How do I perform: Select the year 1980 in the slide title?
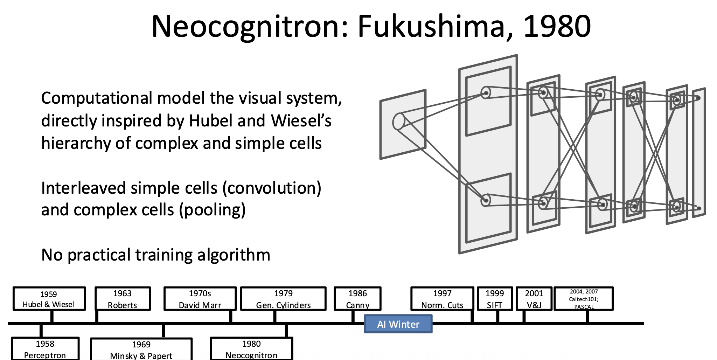click(557, 27)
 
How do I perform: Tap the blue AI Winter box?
click(398, 324)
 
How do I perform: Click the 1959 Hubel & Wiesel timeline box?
click(49, 299)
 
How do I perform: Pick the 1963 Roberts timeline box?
click(123, 299)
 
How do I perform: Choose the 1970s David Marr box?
click(200, 299)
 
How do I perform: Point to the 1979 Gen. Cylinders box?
click(283, 299)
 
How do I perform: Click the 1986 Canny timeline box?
click(357, 299)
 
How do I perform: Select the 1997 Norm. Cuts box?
click(442, 299)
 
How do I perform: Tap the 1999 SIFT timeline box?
click(495, 299)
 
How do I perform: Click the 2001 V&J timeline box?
click(534, 299)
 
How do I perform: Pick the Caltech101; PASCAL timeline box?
click(584, 299)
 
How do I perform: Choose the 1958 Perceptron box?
click(45, 349)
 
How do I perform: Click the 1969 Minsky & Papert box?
click(141, 349)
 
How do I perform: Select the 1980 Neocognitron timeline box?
click(251, 349)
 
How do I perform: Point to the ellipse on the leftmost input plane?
click(398, 122)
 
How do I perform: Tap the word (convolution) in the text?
click(272, 188)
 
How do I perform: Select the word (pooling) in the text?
click(212, 210)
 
